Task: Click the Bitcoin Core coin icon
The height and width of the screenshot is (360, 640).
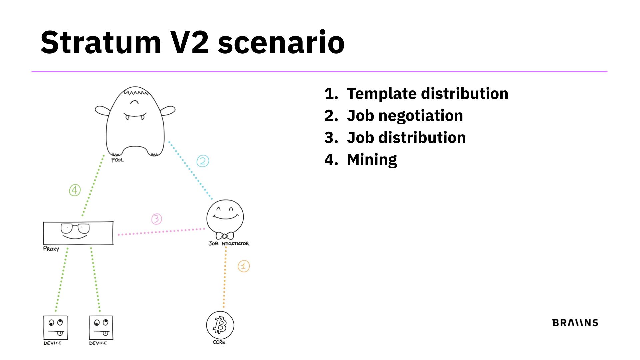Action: click(220, 325)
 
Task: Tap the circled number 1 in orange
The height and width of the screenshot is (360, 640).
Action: click(244, 266)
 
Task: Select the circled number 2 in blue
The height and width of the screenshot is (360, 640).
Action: click(203, 161)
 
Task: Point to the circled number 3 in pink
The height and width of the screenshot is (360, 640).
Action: click(156, 219)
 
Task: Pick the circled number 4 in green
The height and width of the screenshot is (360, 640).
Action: click(75, 190)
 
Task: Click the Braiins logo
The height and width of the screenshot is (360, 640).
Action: click(575, 323)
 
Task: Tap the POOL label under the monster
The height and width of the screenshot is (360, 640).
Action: click(117, 160)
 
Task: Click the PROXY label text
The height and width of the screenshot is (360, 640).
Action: click(51, 249)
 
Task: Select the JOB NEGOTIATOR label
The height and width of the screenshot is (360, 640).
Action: click(229, 244)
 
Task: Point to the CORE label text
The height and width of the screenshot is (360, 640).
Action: click(219, 342)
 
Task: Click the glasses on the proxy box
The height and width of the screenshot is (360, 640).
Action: click(75, 229)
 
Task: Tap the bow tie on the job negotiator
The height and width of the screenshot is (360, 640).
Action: click(225, 236)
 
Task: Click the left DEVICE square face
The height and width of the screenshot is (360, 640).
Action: click(55, 328)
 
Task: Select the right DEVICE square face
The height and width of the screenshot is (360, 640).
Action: click(101, 328)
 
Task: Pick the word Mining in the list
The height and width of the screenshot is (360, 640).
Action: click(372, 160)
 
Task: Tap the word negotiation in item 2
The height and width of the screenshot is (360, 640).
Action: click(421, 116)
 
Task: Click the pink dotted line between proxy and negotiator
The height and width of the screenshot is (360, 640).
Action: click(162, 231)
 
